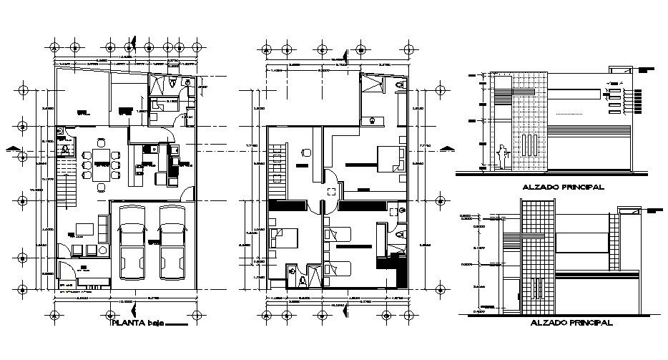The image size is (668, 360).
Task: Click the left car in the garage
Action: (133, 243)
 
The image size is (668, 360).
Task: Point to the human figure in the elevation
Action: (502, 157)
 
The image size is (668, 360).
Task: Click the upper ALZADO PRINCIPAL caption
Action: (564, 187)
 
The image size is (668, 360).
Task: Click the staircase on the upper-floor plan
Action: (278, 166)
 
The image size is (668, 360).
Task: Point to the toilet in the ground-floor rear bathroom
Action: (175, 84)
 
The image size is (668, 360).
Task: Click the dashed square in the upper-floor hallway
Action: (333, 192)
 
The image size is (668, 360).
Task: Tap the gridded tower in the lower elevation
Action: (539, 258)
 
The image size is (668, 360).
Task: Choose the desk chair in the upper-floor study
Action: (305, 152)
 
